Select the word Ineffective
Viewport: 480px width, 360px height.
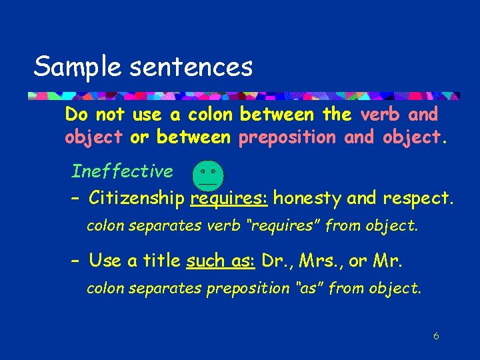coord(122,171)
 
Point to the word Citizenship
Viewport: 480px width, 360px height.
coord(137,198)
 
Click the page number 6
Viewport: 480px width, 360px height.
coord(435,336)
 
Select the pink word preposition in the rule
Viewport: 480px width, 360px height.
coord(287,137)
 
